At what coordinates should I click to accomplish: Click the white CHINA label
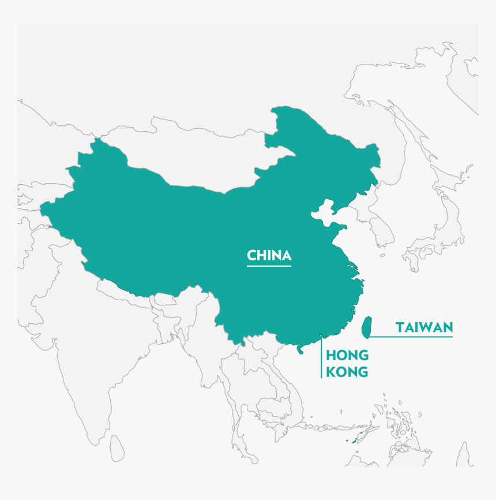click(269, 255)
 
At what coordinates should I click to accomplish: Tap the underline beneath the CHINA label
click(269, 266)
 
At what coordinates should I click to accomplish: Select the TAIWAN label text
click(424, 327)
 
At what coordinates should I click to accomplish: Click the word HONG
click(347, 356)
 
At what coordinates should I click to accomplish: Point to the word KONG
click(347, 372)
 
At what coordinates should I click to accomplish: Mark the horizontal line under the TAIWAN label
click(411, 336)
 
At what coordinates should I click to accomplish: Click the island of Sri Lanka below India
click(118, 446)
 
